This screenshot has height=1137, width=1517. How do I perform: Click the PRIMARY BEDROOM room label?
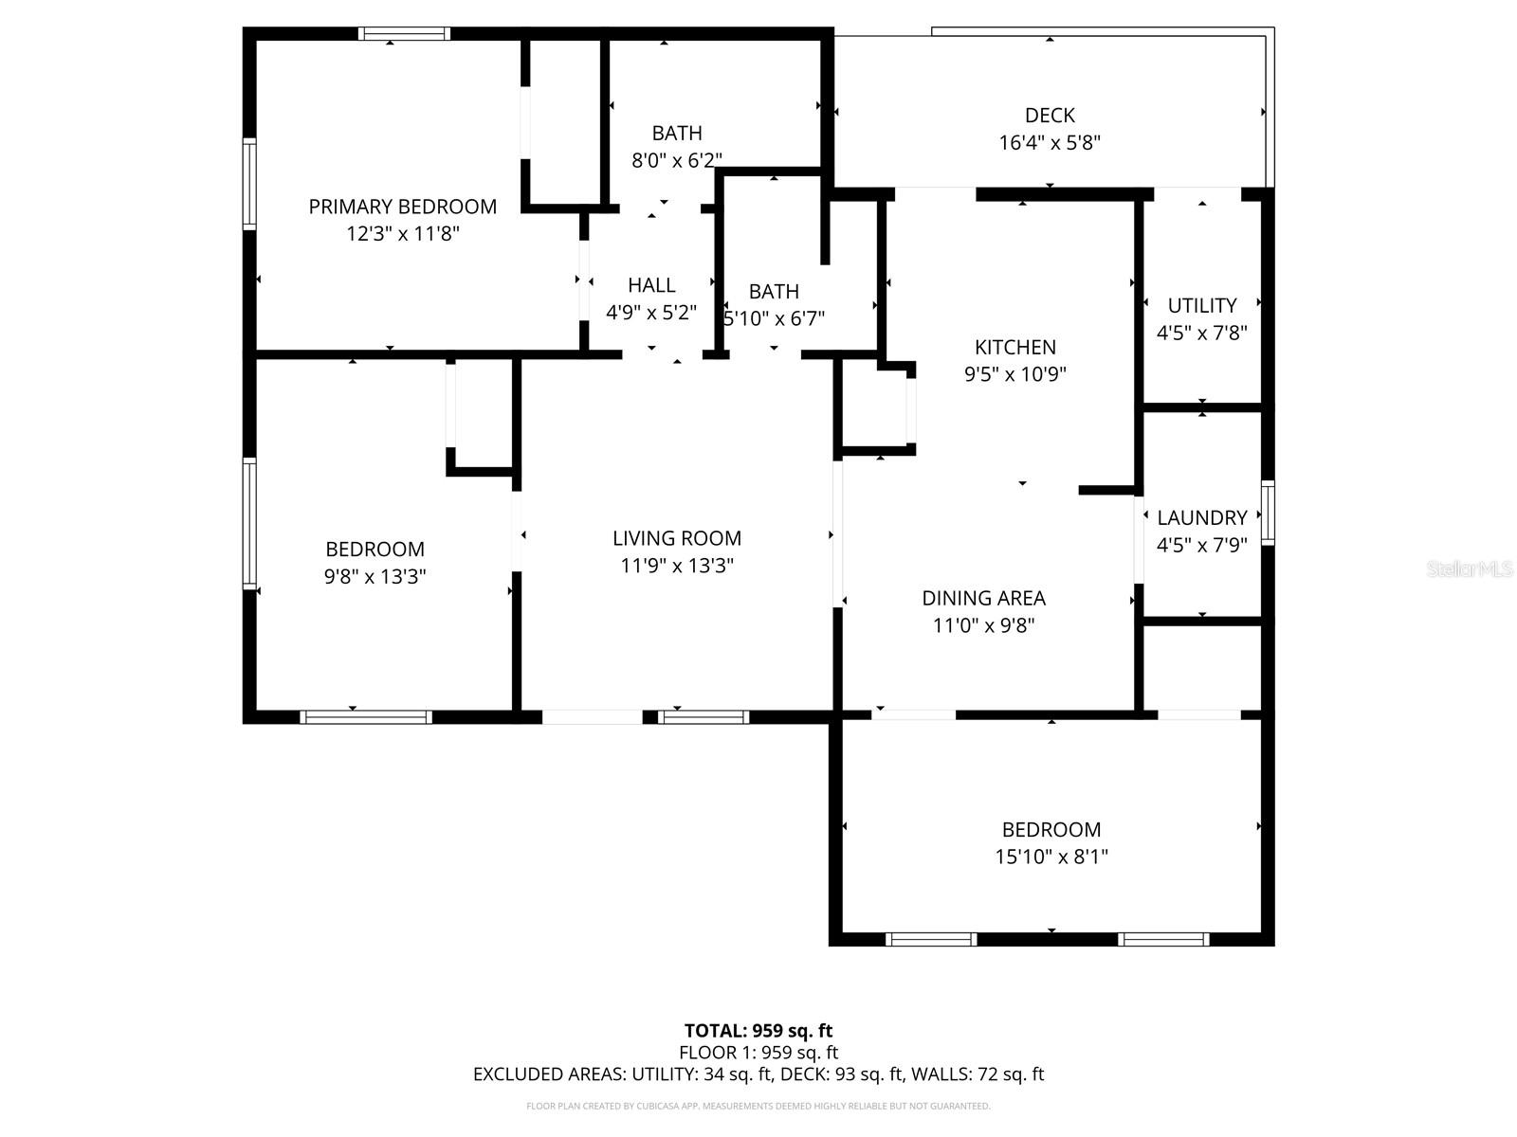click(x=402, y=207)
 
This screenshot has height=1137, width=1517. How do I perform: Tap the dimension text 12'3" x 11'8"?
click(x=402, y=234)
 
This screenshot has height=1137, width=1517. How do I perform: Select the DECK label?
click(x=1050, y=116)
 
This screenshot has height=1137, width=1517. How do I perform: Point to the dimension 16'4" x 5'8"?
click(x=1050, y=143)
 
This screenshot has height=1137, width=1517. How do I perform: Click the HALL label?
click(x=651, y=285)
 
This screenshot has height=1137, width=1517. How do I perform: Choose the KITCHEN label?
click(x=1015, y=347)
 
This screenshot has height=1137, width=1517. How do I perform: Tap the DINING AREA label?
click(x=983, y=598)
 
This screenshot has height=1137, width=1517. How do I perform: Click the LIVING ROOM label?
click(x=676, y=538)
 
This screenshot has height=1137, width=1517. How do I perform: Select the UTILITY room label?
click(x=1201, y=305)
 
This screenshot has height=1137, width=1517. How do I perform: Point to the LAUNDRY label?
click(x=1201, y=517)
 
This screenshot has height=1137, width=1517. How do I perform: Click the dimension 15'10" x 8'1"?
click(x=1051, y=857)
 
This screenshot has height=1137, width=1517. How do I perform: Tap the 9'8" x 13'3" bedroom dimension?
click(x=375, y=576)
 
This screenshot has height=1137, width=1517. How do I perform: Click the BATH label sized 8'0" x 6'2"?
click(x=676, y=134)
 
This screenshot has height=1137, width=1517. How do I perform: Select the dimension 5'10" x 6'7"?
click(x=775, y=319)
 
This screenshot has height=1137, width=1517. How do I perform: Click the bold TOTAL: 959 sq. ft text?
click(x=758, y=1031)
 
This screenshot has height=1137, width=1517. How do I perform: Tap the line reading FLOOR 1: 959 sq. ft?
click(x=758, y=1053)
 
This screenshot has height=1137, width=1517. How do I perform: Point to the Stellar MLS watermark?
click(x=1469, y=569)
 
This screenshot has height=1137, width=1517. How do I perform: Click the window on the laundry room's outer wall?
click(x=1268, y=513)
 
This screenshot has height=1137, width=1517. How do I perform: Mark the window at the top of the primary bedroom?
click(x=405, y=34)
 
